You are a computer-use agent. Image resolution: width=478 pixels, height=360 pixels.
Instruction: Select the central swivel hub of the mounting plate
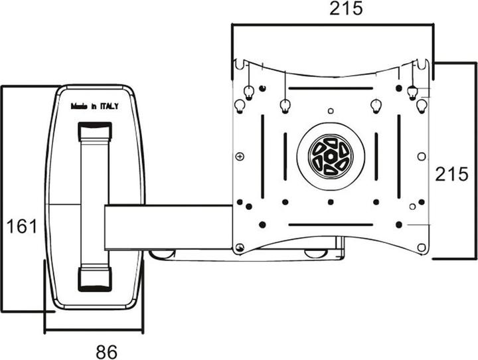330,157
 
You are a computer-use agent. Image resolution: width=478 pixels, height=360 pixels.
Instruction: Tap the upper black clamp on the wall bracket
95,131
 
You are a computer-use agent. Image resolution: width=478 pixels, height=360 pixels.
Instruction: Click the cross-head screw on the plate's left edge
240,157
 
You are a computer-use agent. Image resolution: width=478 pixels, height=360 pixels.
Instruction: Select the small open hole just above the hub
330,111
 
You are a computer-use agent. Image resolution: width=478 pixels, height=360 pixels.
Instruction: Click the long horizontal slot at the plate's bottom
330,225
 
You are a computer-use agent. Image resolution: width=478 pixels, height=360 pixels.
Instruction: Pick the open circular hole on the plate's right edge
420,157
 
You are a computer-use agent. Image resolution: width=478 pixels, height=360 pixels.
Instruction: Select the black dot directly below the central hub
330,202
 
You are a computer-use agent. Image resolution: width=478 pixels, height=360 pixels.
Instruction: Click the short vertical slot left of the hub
285,157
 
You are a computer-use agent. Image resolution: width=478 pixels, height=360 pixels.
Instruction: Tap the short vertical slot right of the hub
376,157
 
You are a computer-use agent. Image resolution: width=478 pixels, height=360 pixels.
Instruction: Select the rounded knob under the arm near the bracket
163,253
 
